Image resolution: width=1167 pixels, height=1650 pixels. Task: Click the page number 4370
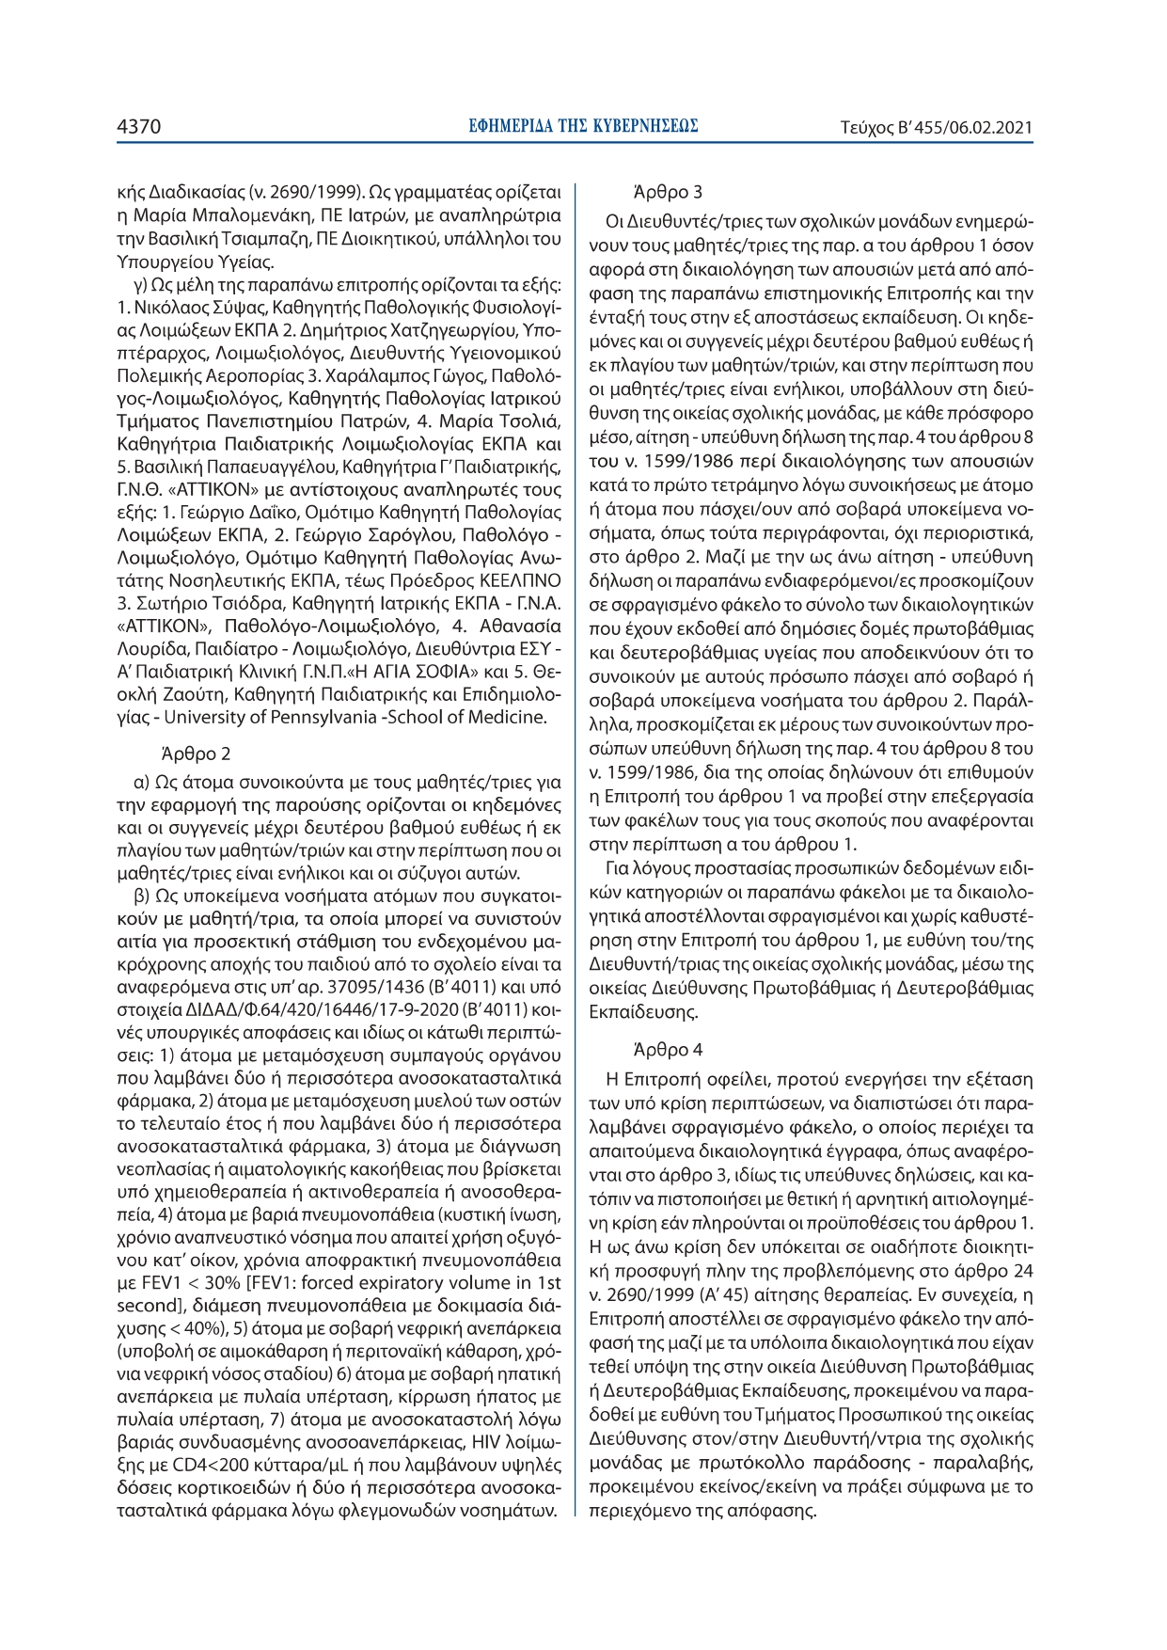(x=139, y=127)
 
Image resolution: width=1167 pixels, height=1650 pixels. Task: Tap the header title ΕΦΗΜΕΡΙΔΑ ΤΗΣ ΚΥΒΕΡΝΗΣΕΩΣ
(x=583, y=126)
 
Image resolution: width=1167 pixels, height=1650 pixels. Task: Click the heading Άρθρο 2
(x=196, y=754)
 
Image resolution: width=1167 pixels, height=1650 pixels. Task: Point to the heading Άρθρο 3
(x=668, y=192)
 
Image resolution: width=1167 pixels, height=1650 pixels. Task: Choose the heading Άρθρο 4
(x=668, y=1049)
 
